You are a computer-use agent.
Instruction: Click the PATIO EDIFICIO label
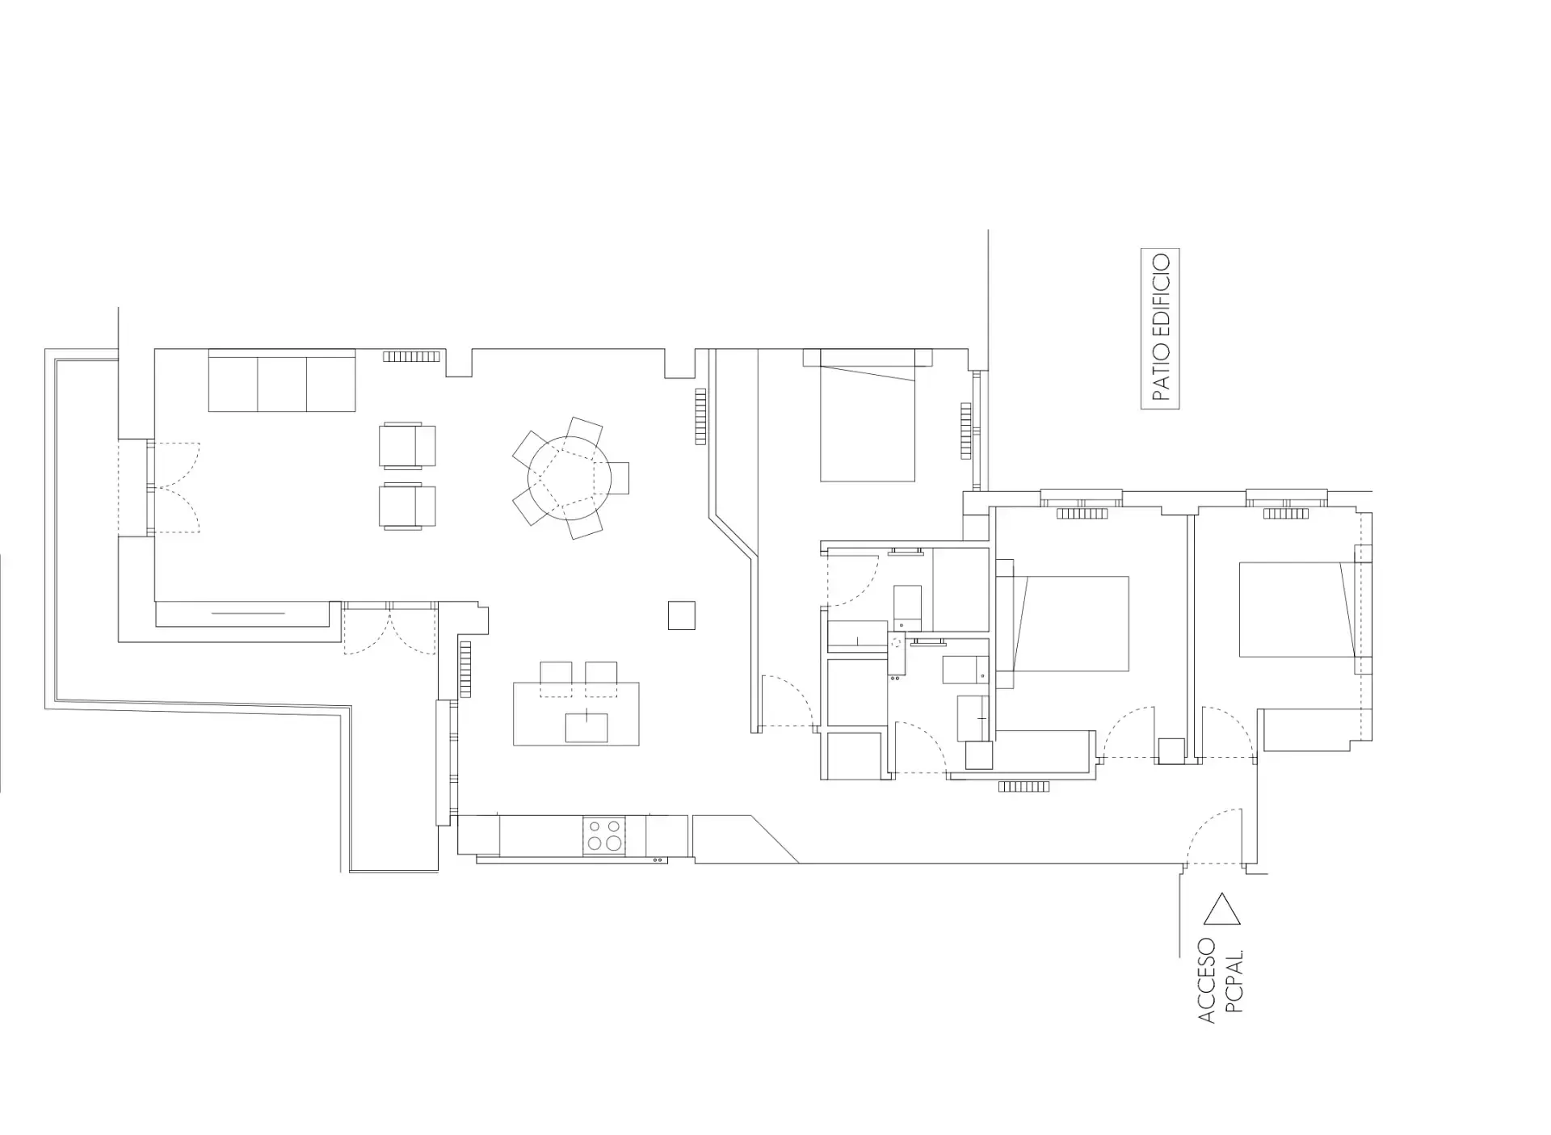click(1160, 328)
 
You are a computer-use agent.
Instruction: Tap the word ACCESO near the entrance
click(1206, 980)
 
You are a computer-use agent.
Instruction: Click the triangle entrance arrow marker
click(1221, 909)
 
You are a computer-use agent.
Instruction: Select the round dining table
click(569, 477)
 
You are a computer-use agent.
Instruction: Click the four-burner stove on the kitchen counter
click(604, 835)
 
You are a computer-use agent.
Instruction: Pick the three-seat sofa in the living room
click(282, 380)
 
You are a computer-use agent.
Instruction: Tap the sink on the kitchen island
click(586, 727)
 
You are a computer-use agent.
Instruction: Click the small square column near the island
click(681, 616)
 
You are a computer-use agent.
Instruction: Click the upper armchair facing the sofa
click(408, 445)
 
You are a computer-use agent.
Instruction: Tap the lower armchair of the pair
click(408, 506)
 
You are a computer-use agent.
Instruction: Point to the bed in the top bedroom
click(868, 415)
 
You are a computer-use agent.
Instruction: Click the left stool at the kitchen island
click(555, 679)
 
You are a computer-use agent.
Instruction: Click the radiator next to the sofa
click(412, 356)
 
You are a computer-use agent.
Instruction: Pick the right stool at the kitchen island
click(601, 679)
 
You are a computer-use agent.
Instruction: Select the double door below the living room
click(390, 628)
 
